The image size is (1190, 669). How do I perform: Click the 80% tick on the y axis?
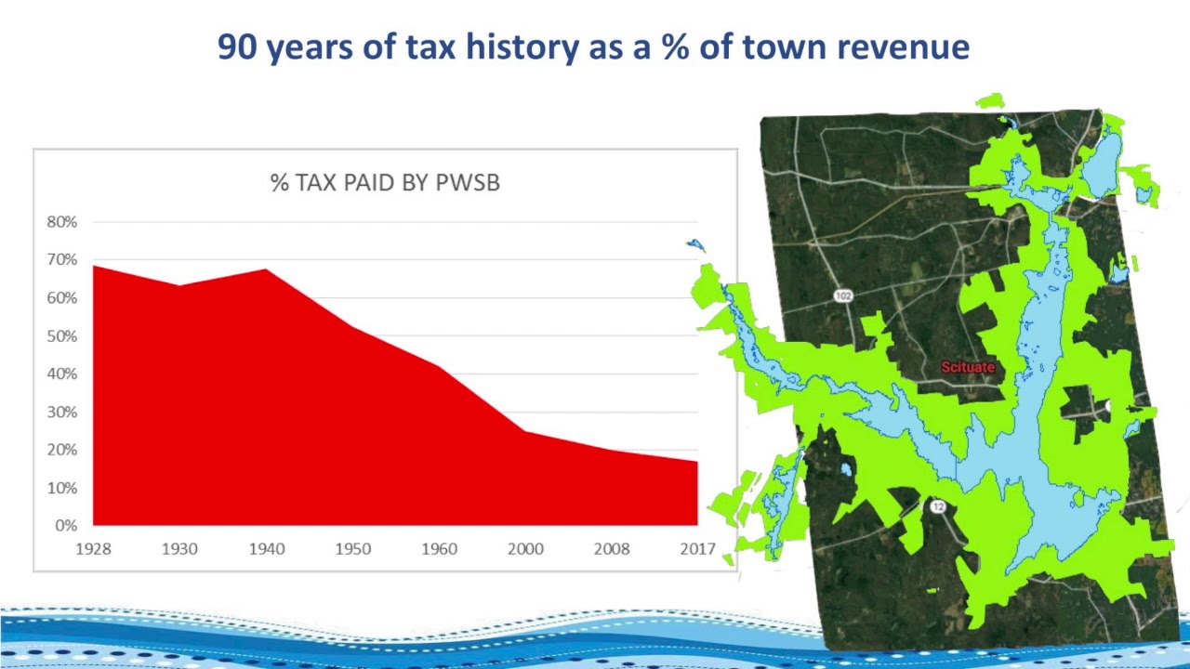tap(62, 222)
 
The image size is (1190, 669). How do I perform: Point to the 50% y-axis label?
tap(62, 336)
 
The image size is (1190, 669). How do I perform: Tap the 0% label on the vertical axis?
tap(66, 526)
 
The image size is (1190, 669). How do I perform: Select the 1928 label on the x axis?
tap(94, 548)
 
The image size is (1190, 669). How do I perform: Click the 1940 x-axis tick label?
tap(267, 548)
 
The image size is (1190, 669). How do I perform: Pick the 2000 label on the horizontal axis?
tap(525, 548)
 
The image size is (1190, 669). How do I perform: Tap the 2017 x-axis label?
tap(697, 548)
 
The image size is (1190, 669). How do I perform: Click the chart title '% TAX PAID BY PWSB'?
tap(385, 183)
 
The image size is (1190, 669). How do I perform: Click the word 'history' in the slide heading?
tap(522, 47)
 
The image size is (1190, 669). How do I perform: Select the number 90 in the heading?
tap(237, 46)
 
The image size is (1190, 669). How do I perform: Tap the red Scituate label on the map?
tap(968, 367)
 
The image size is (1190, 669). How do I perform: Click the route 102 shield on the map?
tap(843, 295)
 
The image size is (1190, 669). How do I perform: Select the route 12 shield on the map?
tap(938, 506)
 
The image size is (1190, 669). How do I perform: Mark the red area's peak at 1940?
tap(266, 269)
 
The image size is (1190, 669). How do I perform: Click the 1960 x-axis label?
tap(440, 548)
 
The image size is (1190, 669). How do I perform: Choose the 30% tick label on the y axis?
tap(62, 412)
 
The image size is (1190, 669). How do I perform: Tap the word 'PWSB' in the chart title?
tap(468, 183)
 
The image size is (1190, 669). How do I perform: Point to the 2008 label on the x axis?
tap(612, 548)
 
